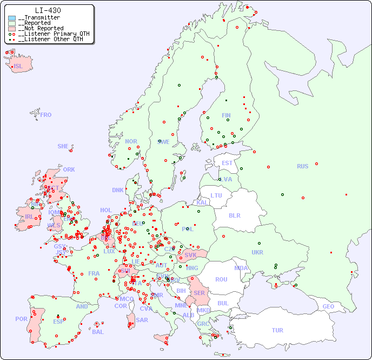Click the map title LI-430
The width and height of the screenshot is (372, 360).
[x=48, y=10]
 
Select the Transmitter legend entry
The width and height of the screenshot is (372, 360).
[x=38, y=18]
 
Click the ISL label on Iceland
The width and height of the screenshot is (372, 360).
[x=18, y=67]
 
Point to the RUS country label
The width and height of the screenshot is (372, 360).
[x=302, y=166]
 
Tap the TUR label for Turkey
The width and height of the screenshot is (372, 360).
[x=277, y=330]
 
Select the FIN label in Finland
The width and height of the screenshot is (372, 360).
[x=226, y=115]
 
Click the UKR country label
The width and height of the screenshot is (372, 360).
[x=257, y=252]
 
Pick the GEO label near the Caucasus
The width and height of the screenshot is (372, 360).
[x=328, y=306]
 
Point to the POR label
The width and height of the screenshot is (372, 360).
[x=21, y=319]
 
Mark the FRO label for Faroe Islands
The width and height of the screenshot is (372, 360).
[x=46, y=115]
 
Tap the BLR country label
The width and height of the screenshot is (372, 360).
[x=235, y=215]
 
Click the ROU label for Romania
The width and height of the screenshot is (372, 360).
[x=221, y=279]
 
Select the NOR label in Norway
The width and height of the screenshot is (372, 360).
[x=131, y=141]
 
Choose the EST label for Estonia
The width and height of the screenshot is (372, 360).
[x=227, y=163]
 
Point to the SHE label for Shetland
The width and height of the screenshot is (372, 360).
[x=63, y=146]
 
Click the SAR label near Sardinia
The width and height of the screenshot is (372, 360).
[x=142, y=320]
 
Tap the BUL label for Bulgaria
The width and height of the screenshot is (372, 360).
[x=223, y=303]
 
